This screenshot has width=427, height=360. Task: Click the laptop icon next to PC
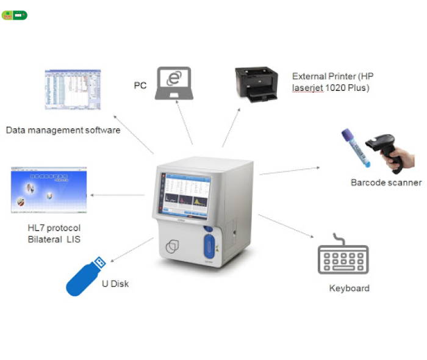[176, 82]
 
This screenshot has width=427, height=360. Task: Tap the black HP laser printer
[260, 84]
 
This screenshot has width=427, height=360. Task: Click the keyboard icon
[343, 259]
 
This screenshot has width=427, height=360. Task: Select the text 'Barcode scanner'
[386, 182]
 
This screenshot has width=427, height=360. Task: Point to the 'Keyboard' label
[349, 288]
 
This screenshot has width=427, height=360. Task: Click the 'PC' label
[140, 85]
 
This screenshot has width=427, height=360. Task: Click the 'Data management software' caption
[63, 130]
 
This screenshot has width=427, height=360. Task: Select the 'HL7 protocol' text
[54, 228]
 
